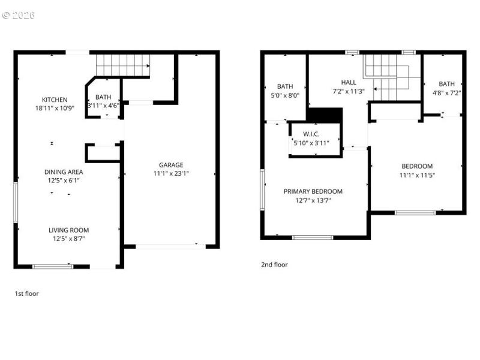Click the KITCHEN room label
54,100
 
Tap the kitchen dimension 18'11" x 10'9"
54,109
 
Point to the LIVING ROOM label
68,230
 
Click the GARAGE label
171,165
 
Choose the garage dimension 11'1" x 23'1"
171,174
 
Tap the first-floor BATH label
103,97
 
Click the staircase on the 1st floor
122,64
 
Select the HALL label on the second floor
348,83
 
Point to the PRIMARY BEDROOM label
313,191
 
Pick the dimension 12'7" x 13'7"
313,200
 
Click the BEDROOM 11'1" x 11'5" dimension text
417,175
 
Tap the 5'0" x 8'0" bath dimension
284,95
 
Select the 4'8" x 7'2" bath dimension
446,93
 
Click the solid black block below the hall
324,114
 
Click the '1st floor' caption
27,294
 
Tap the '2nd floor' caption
274,265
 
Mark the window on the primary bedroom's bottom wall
313,238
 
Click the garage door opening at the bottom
166,245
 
